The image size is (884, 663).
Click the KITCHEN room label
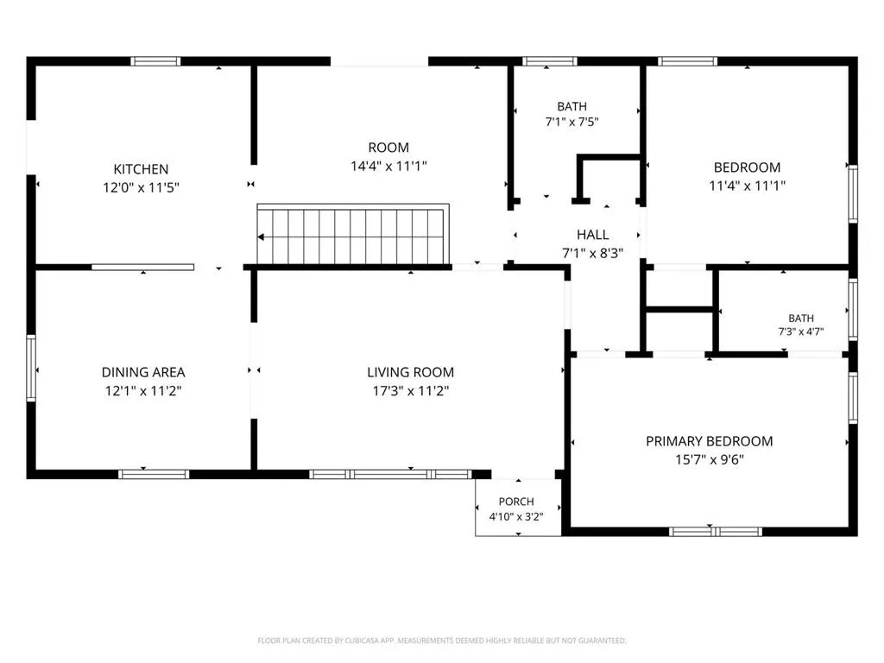(x=141, y=169)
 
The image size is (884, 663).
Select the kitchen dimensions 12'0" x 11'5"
(x=141, y=187)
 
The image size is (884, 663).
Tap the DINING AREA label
(x=143, y=372)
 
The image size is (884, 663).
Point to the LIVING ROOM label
(x=410, y=372)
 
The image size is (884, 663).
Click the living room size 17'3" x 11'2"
(x=410, y=390)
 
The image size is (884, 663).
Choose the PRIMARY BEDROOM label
(x=710, y=441)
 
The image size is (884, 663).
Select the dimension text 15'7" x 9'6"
(x=710, y=459)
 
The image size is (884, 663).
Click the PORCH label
(x=516, y=502)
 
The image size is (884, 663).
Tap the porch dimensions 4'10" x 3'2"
(x=516, y=516)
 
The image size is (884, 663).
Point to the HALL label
(x=592, y=235)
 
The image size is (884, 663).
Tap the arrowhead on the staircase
(x=261, y=237)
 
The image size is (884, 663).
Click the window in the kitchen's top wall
(x=155, y=61)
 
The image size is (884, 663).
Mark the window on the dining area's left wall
(x=31, y=368)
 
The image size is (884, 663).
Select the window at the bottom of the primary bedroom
(x=716, y=531)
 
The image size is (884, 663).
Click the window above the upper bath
(x=550, y=61)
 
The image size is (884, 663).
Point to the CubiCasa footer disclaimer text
(x=442, y=641)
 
